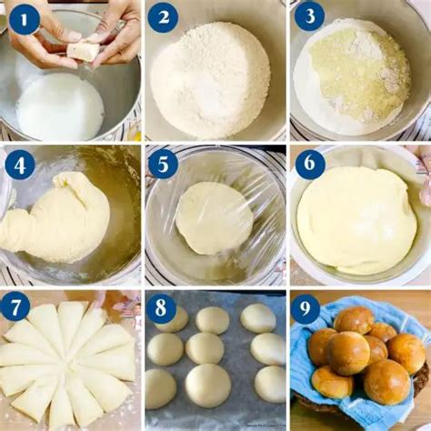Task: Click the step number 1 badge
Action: pyautogui.click(x=24, y=17)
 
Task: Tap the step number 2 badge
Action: pyautogui.click(x=164, y=17)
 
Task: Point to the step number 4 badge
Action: pyautogui.click(x=20, y=165)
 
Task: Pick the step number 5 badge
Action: pyautogui.click(x=164, y=165)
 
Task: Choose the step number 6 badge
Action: pyautogui.click(x=309, y=164)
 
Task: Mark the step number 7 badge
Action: pyautogui.click(x=15, y=306)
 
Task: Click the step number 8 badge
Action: pyautogui.click(x=162, y=308)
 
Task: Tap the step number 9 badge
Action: pyautogui.click(x=306, y=308)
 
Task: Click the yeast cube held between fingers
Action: pyautogui.click(x=85, y=51)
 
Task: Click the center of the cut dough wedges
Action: pyautogui.click(x=68, y=364)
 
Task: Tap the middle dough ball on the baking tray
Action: pyautogui.click(x=205, y=347)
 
